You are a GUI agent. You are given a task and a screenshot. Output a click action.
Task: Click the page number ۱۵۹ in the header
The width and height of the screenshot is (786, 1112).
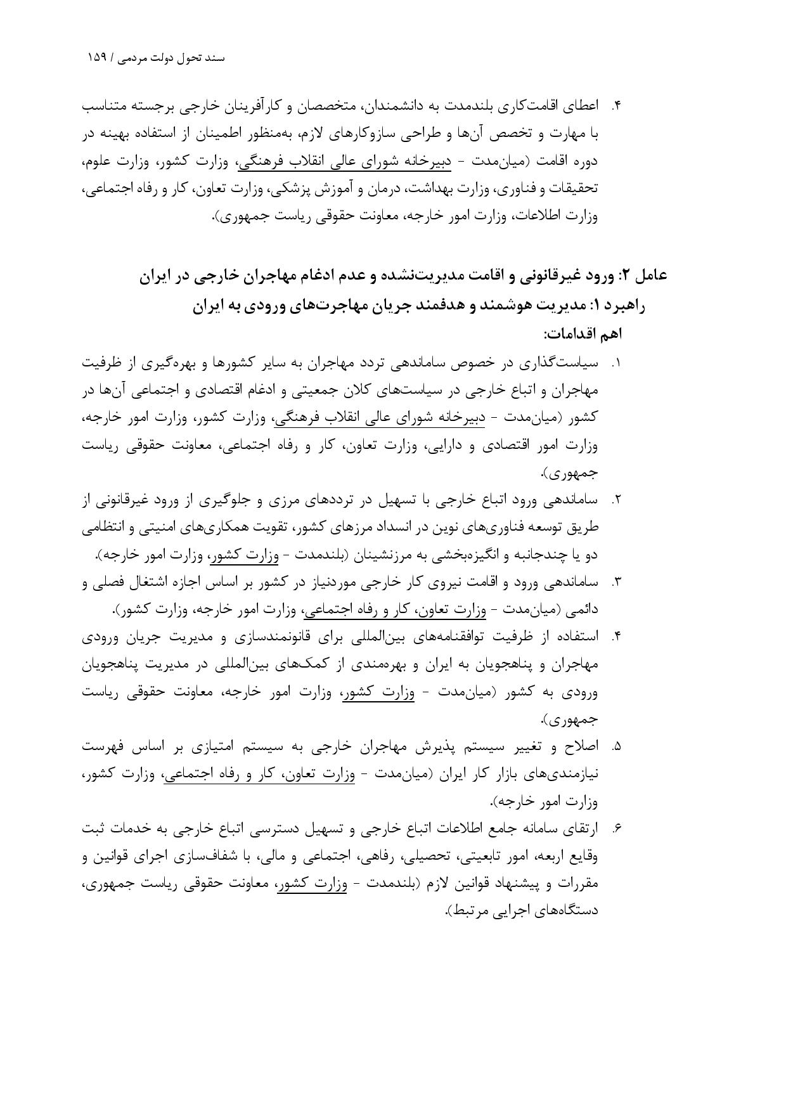click(98, 58)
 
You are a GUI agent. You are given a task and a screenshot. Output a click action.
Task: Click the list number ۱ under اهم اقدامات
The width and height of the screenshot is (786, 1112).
click(616, 364)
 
